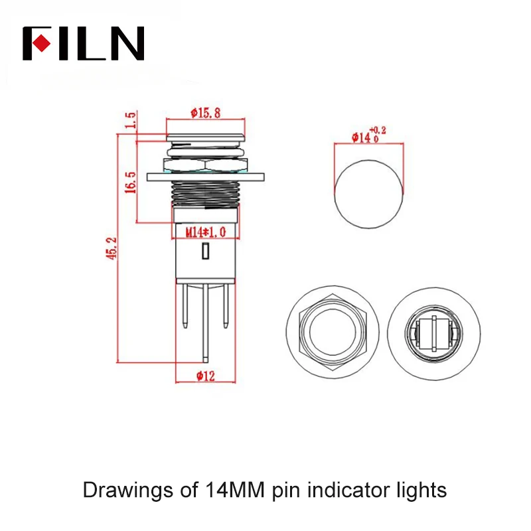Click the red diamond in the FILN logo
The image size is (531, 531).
click(41, 43)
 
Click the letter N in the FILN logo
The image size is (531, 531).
click(126, 44)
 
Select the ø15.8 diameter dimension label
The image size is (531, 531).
click(206, 113)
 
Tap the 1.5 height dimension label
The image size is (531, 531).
click(131, 120)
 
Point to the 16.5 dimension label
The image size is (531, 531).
click(130, 182)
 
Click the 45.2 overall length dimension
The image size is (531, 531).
click(112, 248)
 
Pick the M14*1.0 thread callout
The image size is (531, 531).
click(206, 232)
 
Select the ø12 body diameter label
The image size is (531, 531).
click(206, 376)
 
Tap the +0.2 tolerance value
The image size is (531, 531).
click(378, 129)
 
